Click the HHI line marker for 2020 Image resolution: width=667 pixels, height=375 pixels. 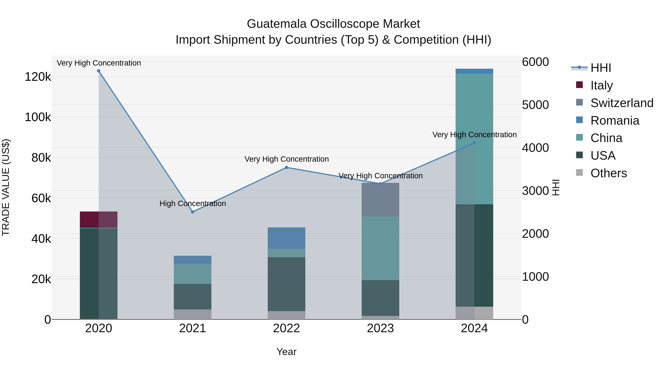pyautogui.click(x=99, y=71)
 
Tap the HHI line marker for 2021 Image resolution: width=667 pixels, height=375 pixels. pyautogui.click(x=193, y=212)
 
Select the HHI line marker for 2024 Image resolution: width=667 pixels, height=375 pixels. pyautogui.click(x=474, y=143)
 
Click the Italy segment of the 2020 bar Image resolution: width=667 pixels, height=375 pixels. pyautogui.click(x=99, y=220)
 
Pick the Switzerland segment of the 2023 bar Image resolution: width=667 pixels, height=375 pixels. pyautogui.click(x=380, y=200)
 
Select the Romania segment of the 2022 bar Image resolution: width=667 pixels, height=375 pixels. pyautogui.click(x=286, y=238)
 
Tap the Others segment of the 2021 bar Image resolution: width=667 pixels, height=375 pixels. pyautogui.click(x=193, y=314)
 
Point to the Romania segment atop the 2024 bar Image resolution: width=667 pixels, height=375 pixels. pyautogui.click(x=474, y=71)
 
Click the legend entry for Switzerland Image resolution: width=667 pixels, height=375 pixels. pyautogui.click(x=621, y=103)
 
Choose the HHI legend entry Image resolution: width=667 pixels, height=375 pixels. pyautogui.click(x=601, y=68)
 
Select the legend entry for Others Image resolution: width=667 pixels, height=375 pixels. pyautogui.click(x=608, y=173)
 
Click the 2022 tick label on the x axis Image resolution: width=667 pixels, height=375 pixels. pyautogui.click(x=286, y=328)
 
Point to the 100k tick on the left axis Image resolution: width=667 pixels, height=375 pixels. pyautogui.click(x=38, y=117)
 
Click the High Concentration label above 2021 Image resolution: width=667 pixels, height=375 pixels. pyautogui.click(x=193, y=204)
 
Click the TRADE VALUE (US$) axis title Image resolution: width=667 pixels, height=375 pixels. pyautogui.click(x=6, y=187)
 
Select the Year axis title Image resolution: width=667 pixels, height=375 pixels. pyautogui.click(x=286, y=352)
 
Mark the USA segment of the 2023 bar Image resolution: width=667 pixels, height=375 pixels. pyautogui.click(x=380, y=298)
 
